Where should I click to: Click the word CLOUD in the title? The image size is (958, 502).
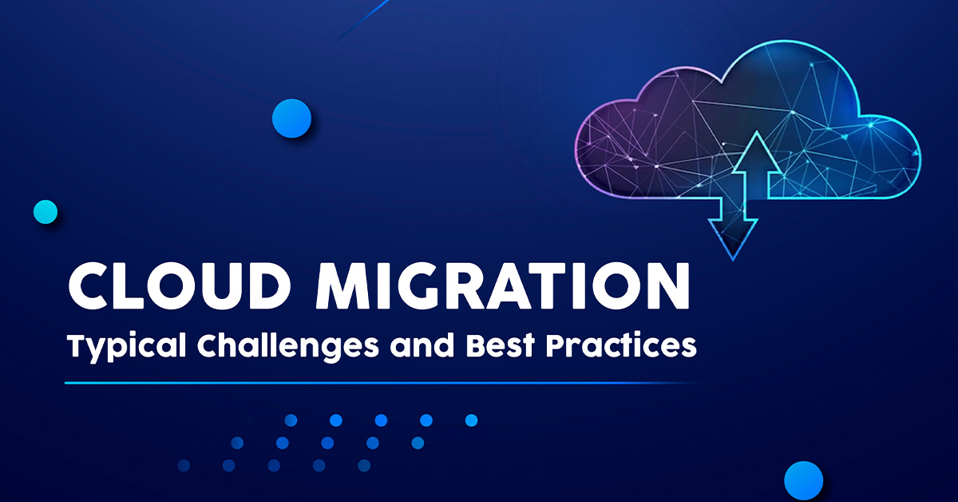tap(180, 285)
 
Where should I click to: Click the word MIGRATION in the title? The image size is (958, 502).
tap(503, 285)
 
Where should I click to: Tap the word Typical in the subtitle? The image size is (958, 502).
tap(127, 346)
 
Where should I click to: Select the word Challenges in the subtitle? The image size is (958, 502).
tap(288, 346)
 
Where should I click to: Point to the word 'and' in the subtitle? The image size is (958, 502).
tap(422, 345)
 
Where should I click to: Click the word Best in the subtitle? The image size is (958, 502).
tap(500, 345)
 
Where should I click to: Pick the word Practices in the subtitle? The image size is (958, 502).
tap(621, 345)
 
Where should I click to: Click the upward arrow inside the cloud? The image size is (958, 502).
tap(757, 165)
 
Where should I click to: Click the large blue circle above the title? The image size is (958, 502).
tap(291, 118)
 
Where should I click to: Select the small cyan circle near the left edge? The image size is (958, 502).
tap(46, 212)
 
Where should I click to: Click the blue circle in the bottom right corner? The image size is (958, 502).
tap(804, 480)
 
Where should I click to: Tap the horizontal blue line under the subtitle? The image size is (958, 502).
tap(381, 383)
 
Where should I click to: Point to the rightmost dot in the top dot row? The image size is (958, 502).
tap(471, 420)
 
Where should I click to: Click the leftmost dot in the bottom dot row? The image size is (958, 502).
tap(184, 465)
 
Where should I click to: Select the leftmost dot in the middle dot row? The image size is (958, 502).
tap(237, 443)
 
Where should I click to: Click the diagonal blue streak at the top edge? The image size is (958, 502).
tap(362, 21)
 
